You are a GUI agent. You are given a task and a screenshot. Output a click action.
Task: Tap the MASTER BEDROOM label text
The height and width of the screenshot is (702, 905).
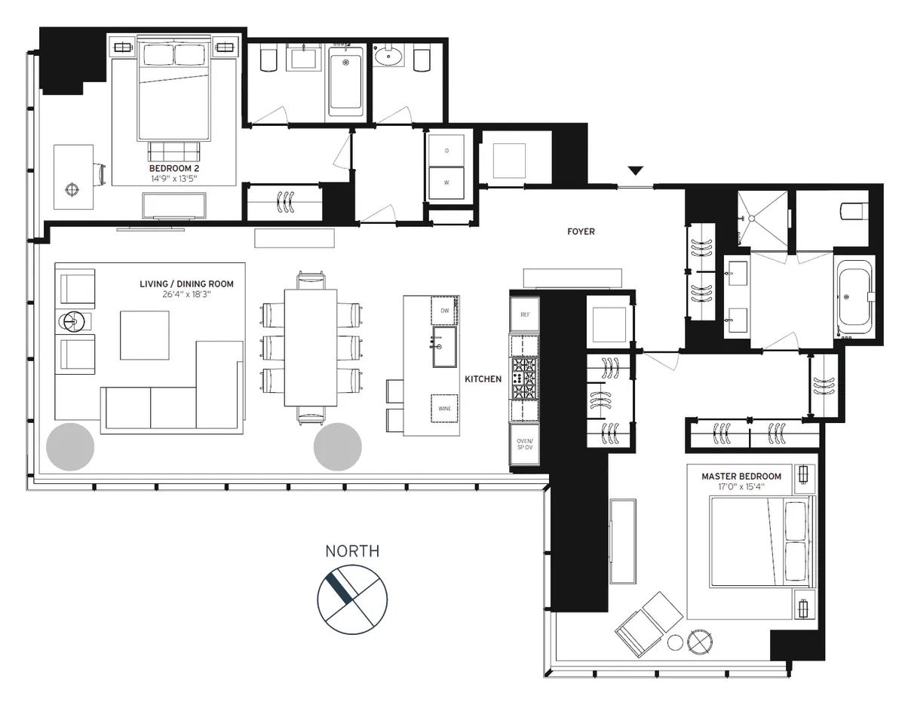pyautogui.click(x=741, y=477)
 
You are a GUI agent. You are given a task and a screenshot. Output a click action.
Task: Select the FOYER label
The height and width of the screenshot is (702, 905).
pyautogui.click(x=581, y=231)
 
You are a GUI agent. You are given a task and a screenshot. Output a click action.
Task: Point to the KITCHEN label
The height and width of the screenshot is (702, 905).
pyautogui.click(x=483, y=379)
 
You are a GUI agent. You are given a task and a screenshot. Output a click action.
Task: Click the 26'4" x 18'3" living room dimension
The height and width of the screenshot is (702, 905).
pyautogui.click(x=186, y=296)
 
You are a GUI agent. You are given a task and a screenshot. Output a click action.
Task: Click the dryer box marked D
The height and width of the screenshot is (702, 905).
pyautogui.click(x=446, y=151)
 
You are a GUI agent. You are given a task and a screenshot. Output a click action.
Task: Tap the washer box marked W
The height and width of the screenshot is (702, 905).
pyautogui.click(x=446, y=182)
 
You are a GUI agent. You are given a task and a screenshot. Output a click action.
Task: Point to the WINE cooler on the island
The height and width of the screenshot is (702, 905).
pyautogui.click(x=444, y=408)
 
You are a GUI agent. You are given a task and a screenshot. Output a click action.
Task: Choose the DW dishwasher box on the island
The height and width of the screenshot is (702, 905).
pyautogui.click(x=445, y=309)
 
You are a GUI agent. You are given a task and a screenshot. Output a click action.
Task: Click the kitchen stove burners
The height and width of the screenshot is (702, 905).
pyautogui.click(x=526, y=378)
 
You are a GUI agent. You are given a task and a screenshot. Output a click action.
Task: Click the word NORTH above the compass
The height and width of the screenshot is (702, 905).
pyautogui.click(x=352, y=551)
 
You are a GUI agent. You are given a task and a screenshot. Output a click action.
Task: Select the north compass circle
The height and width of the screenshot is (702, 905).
pyautogui.click(x=352, y=599)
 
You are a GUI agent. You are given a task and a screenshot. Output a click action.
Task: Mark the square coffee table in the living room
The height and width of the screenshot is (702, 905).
pyautogui.click(x=145, y=335)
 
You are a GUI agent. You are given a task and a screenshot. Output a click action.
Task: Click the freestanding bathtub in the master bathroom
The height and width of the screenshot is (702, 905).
pyautogui.click(x=854, y=296)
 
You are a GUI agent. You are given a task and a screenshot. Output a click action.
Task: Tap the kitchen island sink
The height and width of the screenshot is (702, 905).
pyautogui.click(x=444, y=347)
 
